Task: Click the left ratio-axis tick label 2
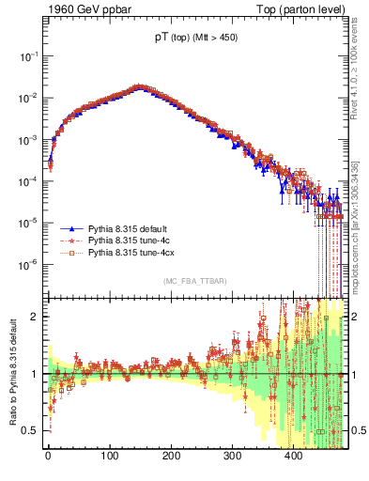36,317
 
